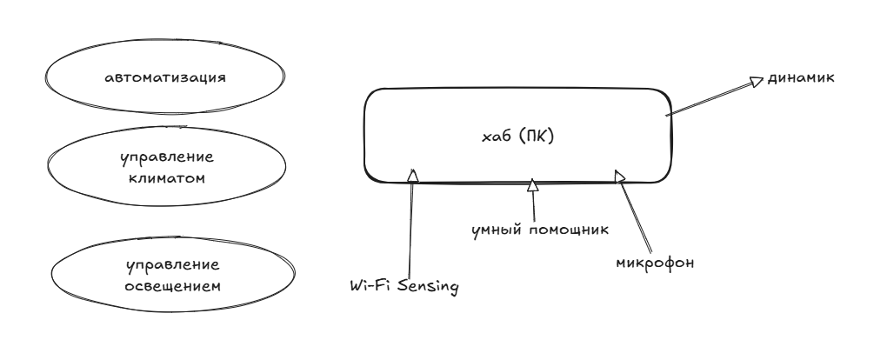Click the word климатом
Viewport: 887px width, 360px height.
tap(167, 178)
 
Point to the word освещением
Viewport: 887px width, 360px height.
tap(172, 286)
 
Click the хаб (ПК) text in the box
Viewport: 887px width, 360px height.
tap(517, 137)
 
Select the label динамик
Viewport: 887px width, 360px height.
tap(800, 78)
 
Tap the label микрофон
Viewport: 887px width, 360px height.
tap(655, 263)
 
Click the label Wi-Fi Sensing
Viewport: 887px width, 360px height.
tap(404, 286)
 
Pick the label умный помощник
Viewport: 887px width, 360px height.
tap(540, 230)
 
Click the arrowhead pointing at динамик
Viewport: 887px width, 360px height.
tap(757, 82)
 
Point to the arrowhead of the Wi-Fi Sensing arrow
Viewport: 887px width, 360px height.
tap(413, 175)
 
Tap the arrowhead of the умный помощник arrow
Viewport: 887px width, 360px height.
tap(532, 185)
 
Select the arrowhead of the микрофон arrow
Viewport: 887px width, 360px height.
tap(620, 177)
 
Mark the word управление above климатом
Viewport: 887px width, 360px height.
tap(167, 157)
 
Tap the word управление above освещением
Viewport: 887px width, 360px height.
tap(172, 265)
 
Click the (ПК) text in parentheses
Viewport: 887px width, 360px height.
tap(536, 137)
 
